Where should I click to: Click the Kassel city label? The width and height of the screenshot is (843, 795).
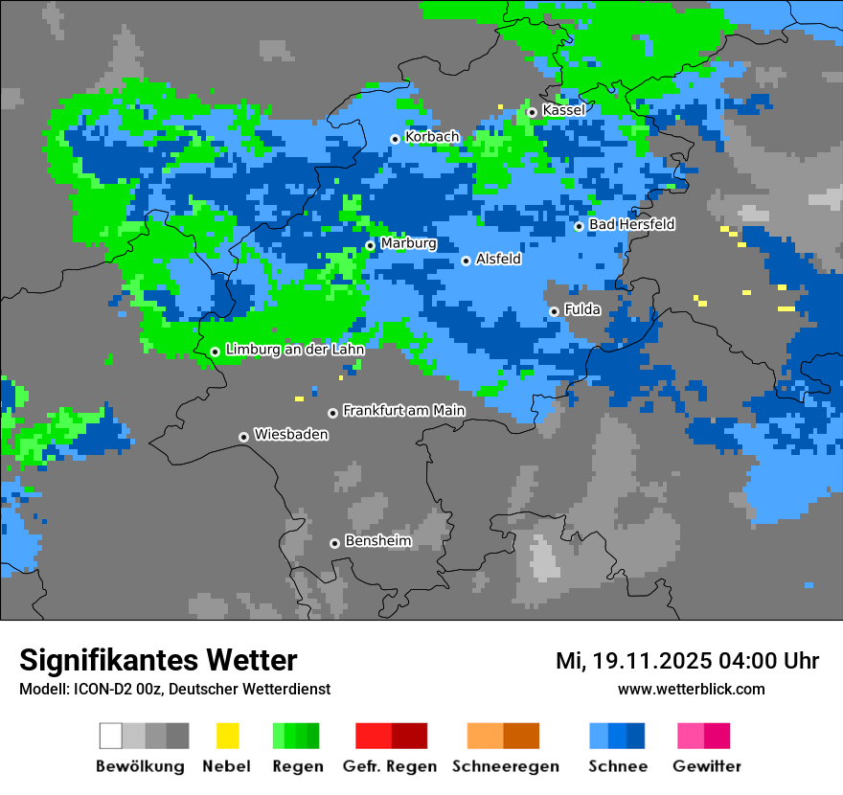point(563,110)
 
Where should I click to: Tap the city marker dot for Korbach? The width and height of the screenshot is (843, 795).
point(395,139)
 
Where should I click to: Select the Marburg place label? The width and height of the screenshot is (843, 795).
point(408,243)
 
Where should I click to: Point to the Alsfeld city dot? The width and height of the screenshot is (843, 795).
point(466,261)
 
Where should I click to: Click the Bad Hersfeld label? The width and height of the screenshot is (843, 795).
point(631,224)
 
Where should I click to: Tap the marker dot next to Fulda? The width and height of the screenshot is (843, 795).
point(554,311)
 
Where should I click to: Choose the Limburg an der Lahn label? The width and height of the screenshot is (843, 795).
point(294,350)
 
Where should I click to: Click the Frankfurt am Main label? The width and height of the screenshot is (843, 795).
point(403,411)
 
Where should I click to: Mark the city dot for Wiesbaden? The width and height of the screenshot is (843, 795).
point(244,437)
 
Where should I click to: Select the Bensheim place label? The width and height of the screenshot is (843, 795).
point(377,541)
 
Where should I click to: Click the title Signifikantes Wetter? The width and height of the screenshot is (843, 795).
point(158,660)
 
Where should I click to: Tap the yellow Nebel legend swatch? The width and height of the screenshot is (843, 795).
point(227,736)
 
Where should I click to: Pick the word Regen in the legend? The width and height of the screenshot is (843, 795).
point(296,766)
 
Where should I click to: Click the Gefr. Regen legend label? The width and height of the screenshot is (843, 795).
point(390,766)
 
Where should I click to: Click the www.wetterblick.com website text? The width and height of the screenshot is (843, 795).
point(691,690)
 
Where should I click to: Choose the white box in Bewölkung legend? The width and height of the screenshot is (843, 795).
point(111,736)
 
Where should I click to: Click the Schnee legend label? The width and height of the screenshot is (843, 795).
point(617,766)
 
